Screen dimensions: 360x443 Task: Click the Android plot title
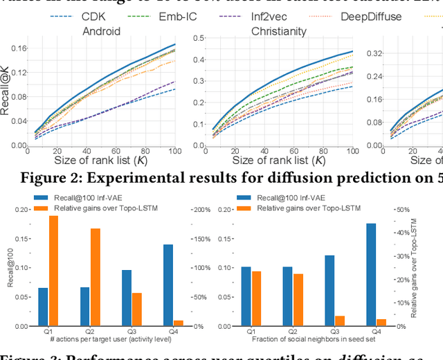[102, 31]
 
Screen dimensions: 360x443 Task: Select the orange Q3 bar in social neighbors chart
[339, 321]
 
